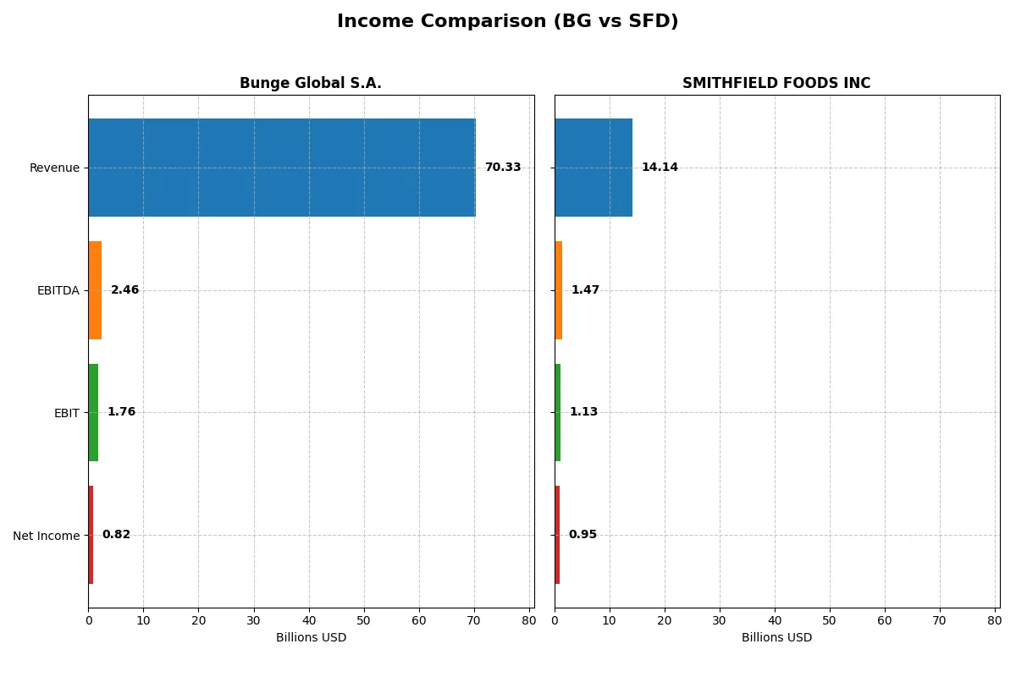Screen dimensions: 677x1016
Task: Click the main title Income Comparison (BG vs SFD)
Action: tap(507, 22)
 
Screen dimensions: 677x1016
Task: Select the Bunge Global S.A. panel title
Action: tap(311, 83)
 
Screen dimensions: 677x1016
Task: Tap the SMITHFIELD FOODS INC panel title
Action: tap(776, 83)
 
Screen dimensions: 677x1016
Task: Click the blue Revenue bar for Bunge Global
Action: tap(282, 168)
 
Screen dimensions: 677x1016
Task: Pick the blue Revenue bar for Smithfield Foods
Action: tap(594, 168)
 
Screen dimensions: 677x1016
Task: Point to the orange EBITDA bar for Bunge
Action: tap(95, 290)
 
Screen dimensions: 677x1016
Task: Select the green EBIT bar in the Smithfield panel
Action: tap(558, 412)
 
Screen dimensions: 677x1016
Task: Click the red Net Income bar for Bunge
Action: tap(91, 535)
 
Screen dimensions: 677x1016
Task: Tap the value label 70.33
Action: tap(503, 168)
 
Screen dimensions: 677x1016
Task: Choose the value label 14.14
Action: tap(660, 168)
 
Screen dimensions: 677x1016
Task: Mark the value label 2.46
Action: tap(124, 290)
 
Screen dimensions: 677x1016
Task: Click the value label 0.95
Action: tap(583, 535)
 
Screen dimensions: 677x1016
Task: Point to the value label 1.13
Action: tap(583, 412)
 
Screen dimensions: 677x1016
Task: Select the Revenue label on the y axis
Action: tap(54, 168)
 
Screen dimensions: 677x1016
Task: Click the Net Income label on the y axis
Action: tap(47, 536)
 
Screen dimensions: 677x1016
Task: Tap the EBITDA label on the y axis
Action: tap(58, 291)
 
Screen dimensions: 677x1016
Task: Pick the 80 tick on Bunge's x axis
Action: tap(529, 620)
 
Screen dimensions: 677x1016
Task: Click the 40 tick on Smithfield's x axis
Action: tap(775, 620)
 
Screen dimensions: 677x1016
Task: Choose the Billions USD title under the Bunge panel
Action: tap(311, 638)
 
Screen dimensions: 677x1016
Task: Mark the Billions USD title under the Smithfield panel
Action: tap(776, 638)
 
